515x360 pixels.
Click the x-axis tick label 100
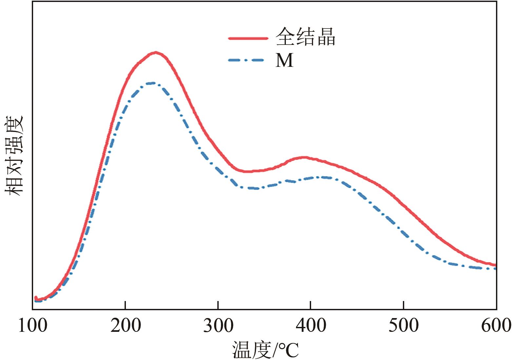pyautogui.click(x=32, y=326)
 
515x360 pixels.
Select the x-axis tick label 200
pyautogui.click(x=126, y=326)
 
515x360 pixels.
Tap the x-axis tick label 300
pyautogui.click(x=218, y=326)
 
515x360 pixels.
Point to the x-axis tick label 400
pyautogui.click(x=311, y=326)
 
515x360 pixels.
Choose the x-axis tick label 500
pyautogui.click(x=404, y=326)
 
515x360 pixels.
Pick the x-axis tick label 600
pyautogui.click(x=496, y=326)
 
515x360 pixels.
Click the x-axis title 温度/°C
pyautogui.click(x=266, y=350)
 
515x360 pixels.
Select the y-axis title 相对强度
pyautogui.click(x=14, y=156)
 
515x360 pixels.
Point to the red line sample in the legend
pyautogui.click(x=248, y=38)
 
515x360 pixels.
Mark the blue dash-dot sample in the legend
pyautogui.click(x=246, y=60)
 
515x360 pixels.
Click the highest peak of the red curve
pyautogui.click(x=156, y=52)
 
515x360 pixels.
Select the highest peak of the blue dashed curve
pyautogui.click(x=151, y=83)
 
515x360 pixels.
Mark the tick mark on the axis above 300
pyautogui.click(x=218, y=306)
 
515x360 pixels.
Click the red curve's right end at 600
pyautogui.click(x=495, y=265)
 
